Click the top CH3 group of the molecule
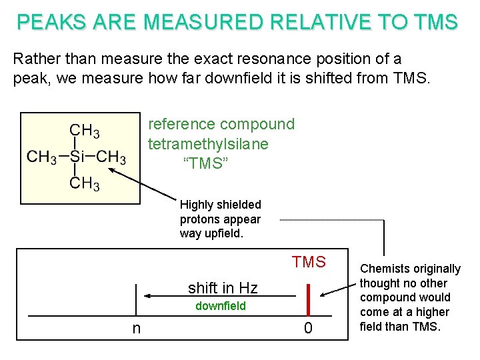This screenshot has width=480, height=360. click(x=85, y=131)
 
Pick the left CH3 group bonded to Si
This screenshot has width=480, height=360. click(x=42, y=157)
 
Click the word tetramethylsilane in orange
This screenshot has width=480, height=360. click(x=208, y=144)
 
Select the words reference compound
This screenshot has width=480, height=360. click(x=221, y=125)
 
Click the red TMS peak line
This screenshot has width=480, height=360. click(x=309, y=298)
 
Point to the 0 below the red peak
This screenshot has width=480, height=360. click(x=308, y=328)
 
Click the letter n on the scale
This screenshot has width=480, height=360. click(x=136, y=328)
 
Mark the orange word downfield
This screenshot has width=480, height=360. click(x=220, y=306)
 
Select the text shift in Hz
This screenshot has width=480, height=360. click(x=222, y=288)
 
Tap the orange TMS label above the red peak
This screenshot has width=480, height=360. click(x=308, y=262)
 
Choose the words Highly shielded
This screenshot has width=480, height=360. click(x=220, y=205)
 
